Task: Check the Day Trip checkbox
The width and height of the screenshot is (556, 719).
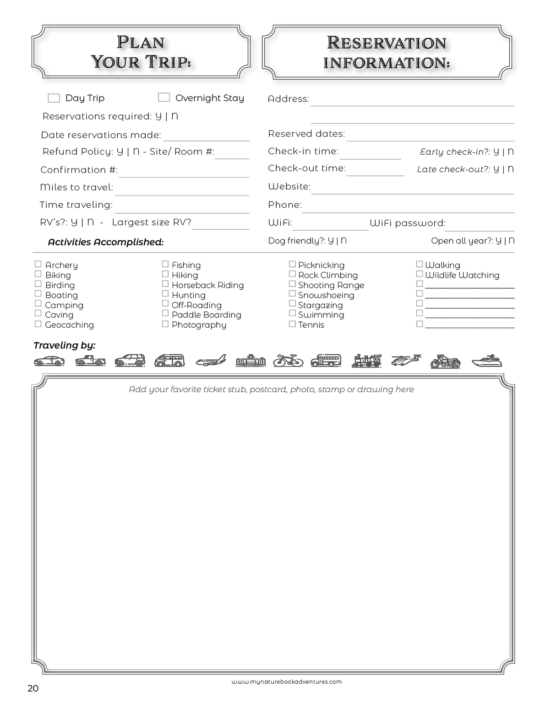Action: pyautogui.click(x=54, y=98)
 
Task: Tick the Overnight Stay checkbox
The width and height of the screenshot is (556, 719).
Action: pyautogui.click(x=164, y=97)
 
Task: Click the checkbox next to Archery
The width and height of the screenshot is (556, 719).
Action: pyautogui.click(x=38, y=264)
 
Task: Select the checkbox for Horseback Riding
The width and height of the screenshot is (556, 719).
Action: pyautogui.click(x=165, y=284)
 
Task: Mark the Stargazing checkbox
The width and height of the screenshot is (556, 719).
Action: pyautogui.click(x=292, y=304)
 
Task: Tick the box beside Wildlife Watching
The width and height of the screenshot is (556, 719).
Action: pyautogui.click(x=419, y=274)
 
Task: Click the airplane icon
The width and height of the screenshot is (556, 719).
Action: pyautogui.click(x=211, y=361)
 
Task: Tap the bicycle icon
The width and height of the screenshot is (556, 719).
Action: pyautogui.click(x=288, y=361)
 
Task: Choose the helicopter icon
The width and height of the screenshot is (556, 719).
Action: pyautogui.click(x=406, y=361)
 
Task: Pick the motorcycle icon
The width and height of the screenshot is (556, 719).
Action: pyautogui.click(x=445, y=362)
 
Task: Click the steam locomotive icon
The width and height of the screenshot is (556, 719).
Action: pyautogui.click(x=366, y=361)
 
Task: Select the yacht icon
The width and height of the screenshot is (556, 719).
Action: pyautogui.click(x=486, y=361)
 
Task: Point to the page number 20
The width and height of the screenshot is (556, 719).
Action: pyautogui.click(x=33, y=688)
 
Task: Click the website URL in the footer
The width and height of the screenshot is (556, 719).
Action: pyautogui.click(x=286, y=681)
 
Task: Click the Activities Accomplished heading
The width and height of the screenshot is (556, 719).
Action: pyautogui.click(x=106, y=242)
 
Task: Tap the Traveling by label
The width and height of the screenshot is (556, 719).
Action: pyautogui.click(x=64, y=346)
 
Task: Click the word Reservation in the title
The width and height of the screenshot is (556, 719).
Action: pyautogui.click(x=387, y=43)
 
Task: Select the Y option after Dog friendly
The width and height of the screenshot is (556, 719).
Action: pyautogui.click(x=331, y=241)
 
